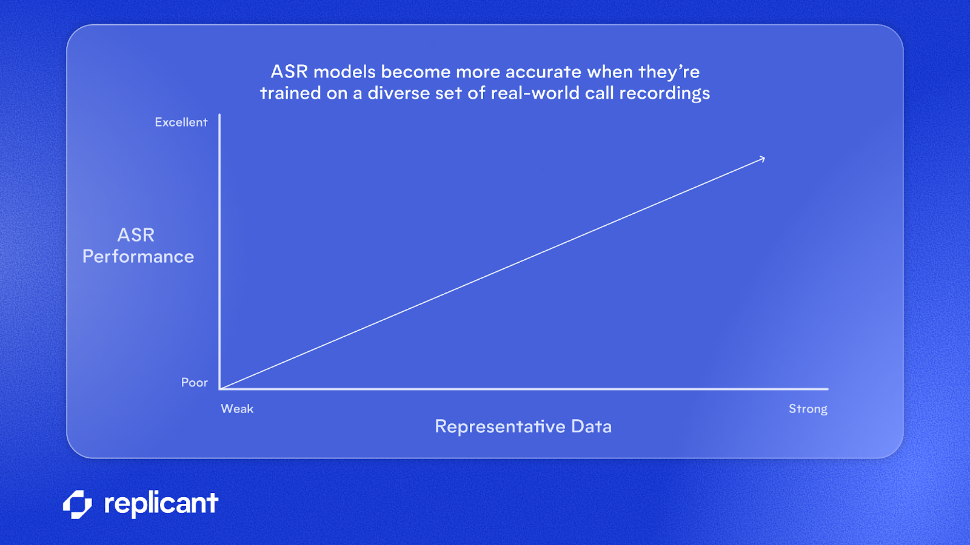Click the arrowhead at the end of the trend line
763,159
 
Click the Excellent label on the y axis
181,122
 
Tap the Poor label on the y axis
194,383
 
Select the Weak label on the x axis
237,409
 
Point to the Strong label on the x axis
808,409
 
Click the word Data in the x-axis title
591,426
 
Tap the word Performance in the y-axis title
138,257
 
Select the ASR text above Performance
136,235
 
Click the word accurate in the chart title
543,72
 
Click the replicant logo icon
78,504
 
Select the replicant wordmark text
161,504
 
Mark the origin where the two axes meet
220,389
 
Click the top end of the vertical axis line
219,115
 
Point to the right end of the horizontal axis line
827,389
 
